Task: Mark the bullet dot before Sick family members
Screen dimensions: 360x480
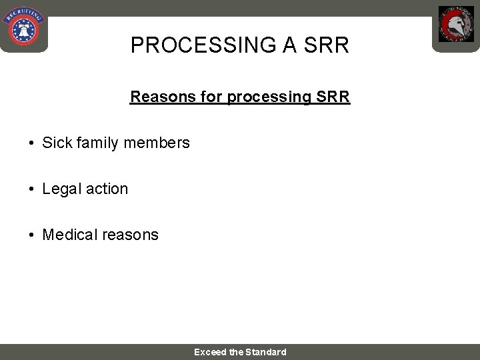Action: [31, 143]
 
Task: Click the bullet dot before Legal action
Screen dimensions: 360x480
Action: [31, 189]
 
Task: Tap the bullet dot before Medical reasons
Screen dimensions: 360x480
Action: [31, 235]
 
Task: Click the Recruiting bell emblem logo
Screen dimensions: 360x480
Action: [23, 26]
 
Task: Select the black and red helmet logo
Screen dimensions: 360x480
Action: [456, 25]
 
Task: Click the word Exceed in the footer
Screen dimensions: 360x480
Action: [210, 352]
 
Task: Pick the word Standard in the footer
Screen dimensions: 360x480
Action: [266, 352]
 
